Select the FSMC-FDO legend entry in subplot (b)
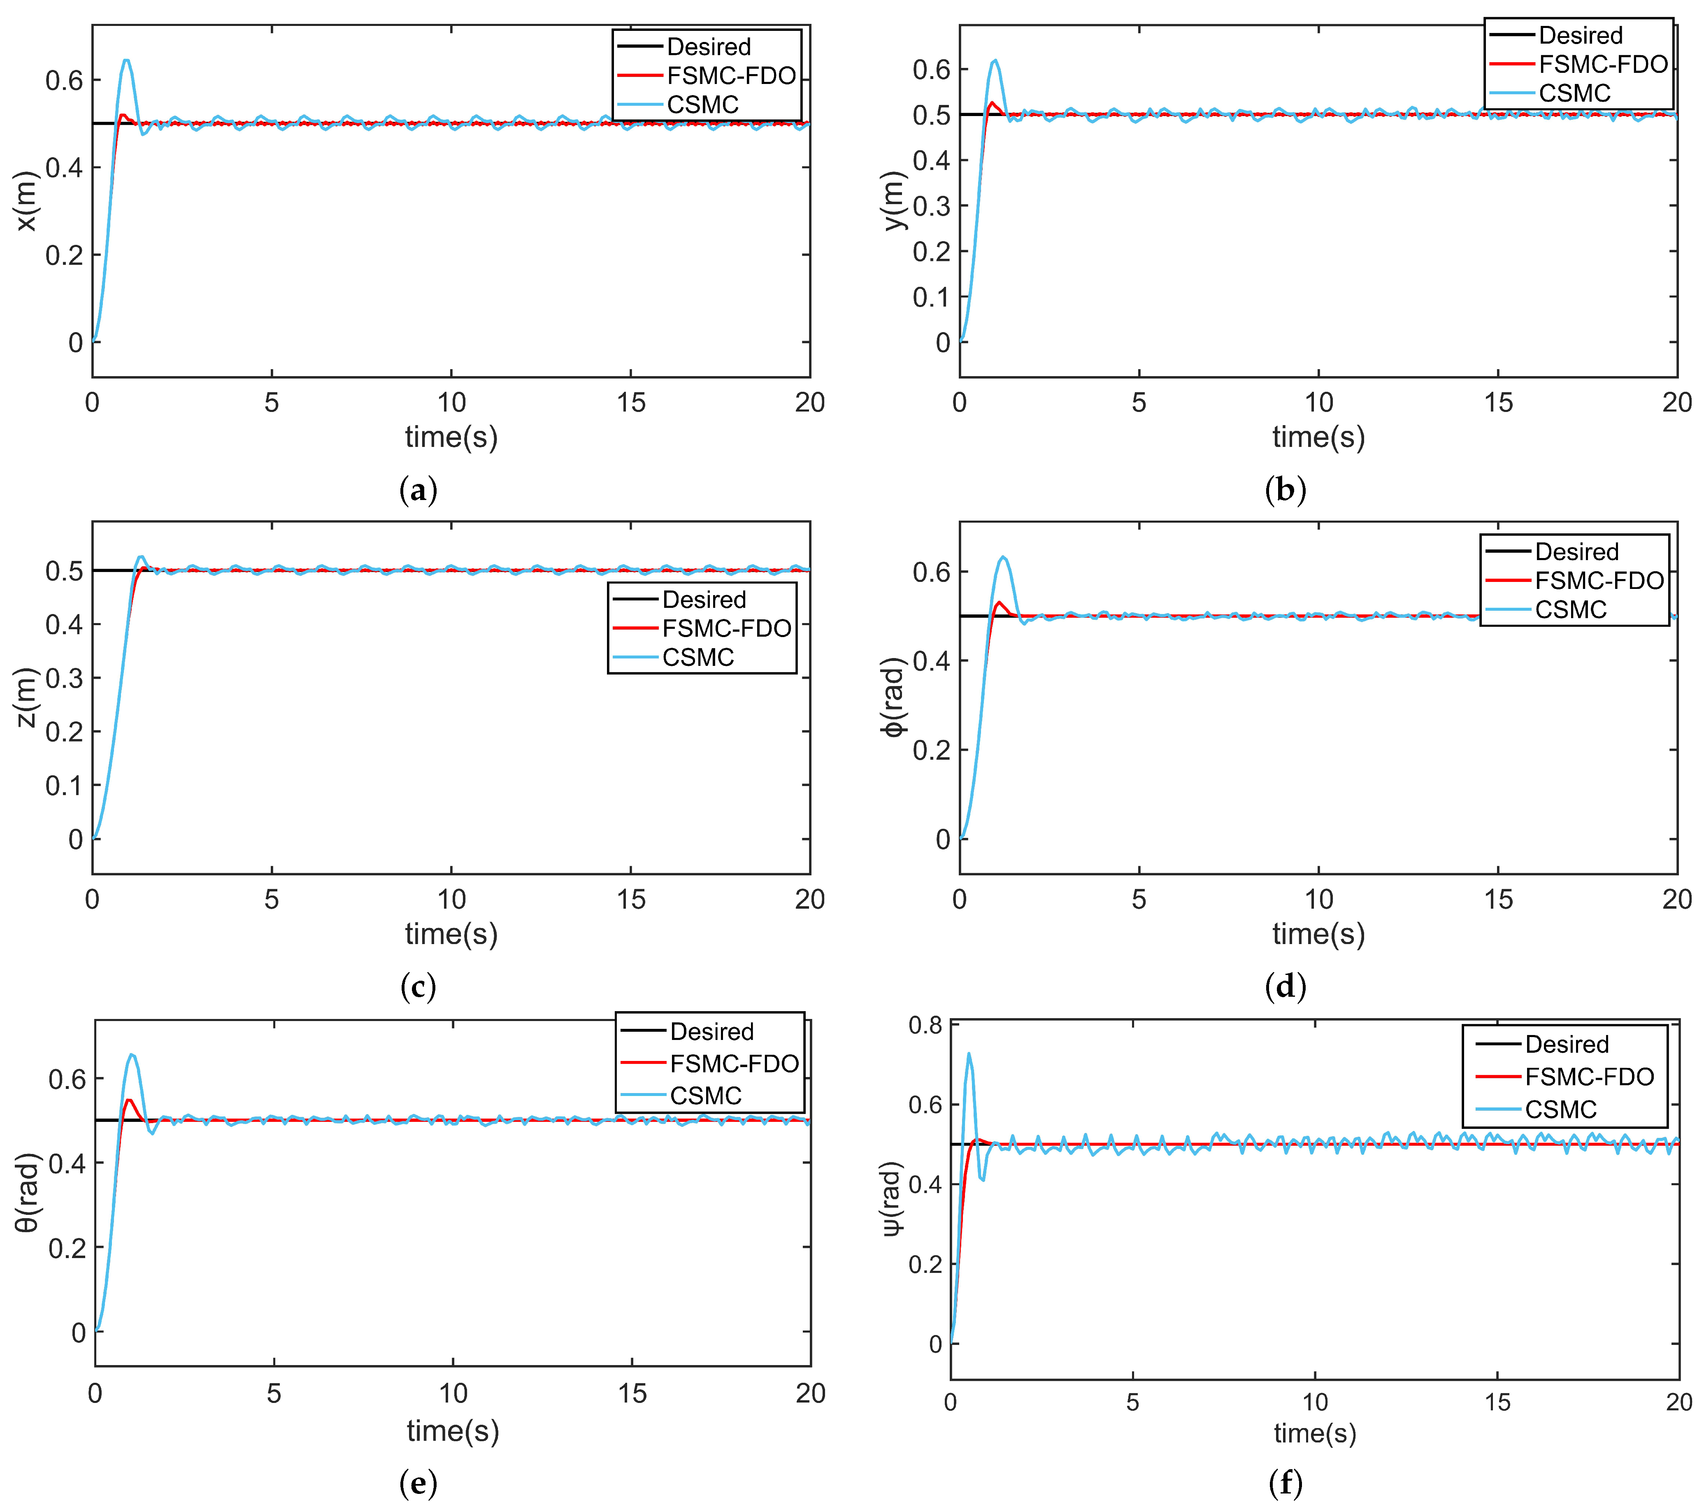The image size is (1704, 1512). click(x=1602, y=64)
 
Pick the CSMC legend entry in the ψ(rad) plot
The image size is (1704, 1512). click(x=1561, y=1109)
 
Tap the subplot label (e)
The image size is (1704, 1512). click(x=418, y=1483)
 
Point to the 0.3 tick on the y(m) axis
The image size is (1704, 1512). click(x=931, y=206)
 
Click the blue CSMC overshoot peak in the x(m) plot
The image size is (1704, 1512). click(x=126, y=60)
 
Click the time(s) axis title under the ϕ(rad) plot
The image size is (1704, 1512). click(x=1318, y=934)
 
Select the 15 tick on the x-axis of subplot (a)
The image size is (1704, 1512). click(x=631, y=403)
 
